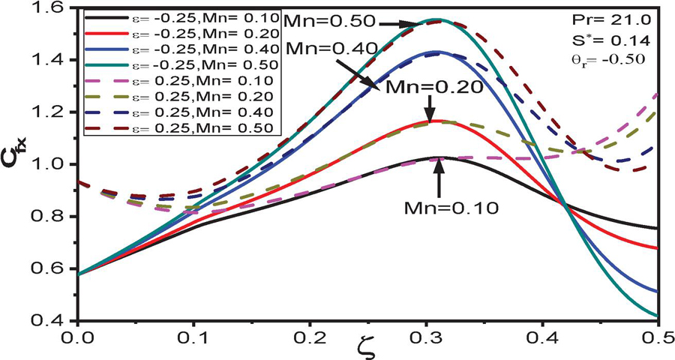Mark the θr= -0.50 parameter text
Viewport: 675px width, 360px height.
pyautogui.click(x=634, y=57)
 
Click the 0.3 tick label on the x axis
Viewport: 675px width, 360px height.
pyautogui.click(x=433, y=337)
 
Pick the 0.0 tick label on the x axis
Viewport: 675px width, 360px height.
pyautogui.click(x=77, y=337)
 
